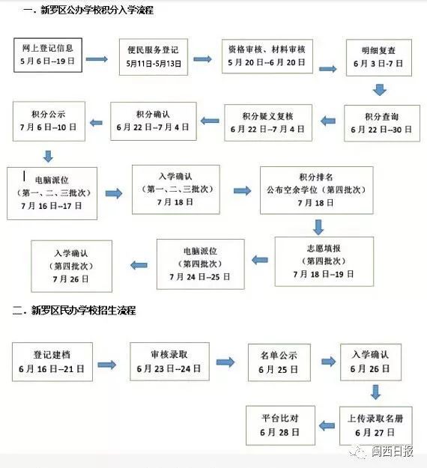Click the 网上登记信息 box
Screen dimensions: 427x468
coord(48,55)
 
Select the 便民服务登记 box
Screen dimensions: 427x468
coord(154,57)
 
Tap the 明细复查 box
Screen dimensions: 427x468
coord(378,58)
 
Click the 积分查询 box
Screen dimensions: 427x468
coord(382,124)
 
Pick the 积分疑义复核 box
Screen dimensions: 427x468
coord(268,123)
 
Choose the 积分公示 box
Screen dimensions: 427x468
coord(49,121)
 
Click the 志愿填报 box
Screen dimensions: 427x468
coord(324,261)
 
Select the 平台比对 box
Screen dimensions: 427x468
coord(280,425)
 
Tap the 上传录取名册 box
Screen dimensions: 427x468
coord(375,426)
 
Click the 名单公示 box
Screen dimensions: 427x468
coord(279,362)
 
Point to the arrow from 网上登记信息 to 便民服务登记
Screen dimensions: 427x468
coord(97,59)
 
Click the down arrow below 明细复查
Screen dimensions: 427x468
coord(380,90)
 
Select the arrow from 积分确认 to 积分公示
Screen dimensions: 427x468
coord(96,122)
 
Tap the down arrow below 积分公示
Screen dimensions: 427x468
coord(48,156)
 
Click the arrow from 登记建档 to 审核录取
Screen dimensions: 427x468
coord(107,365)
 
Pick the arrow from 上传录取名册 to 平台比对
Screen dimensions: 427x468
coord(327,425)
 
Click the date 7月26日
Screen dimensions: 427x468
coord(70,279)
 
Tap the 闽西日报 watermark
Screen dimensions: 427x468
coord(392,452)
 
